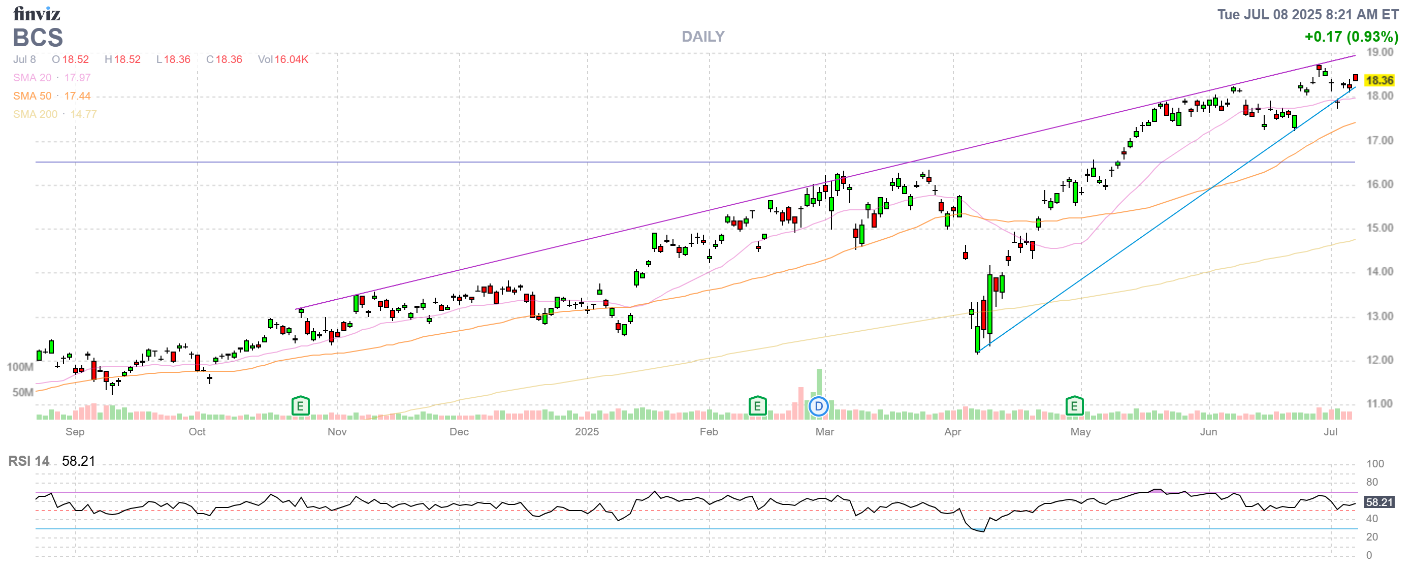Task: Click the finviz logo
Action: [x=36, y=13]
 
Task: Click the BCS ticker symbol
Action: [x=38, y=38]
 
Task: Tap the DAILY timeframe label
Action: [x=703, y=37]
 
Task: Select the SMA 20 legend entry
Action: [x=51, y=78]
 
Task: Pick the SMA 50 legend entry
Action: [x=51, y=96]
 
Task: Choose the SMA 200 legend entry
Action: [x=54, y=114]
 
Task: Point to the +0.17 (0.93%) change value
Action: [x=1351, y=37]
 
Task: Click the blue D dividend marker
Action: [x=818, y=406]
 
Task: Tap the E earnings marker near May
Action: [x=1074, y=406]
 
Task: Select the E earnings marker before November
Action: [x=300, y=406]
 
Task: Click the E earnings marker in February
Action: [x=757, y=406]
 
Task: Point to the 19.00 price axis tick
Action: [x=1379, y=52]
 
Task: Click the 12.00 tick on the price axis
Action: [x=1379, y=360]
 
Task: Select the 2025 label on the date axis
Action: [x=587, y=432]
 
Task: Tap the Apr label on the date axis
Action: [x=953, y=432]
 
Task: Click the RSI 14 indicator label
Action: [x=28, y=461]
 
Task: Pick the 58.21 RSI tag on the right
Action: [x=1378, y=502]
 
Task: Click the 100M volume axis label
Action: [x=20, y=367]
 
